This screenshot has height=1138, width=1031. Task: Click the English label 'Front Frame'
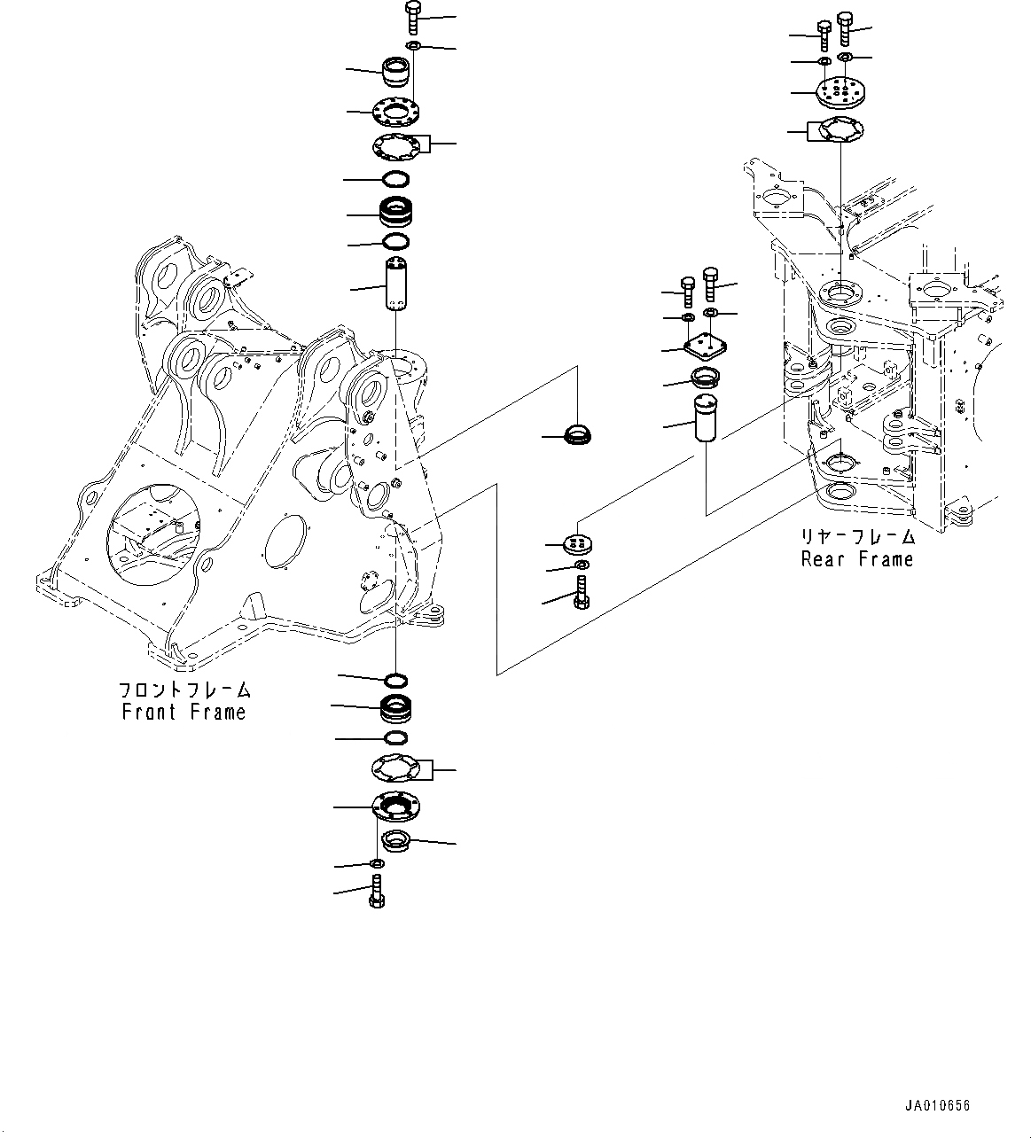point(184,712)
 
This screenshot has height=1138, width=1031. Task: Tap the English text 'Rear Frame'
point(856,559)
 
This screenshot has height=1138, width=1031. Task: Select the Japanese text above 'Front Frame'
point(184,690)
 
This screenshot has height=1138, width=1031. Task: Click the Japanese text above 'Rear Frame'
point(856,537)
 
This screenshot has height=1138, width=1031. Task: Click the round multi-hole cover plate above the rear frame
point(839,91)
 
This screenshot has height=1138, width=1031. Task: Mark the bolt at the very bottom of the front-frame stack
point(376,890)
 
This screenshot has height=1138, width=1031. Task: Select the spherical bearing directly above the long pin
point(395,214)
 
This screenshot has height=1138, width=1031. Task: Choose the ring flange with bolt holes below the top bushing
point(394,113)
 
